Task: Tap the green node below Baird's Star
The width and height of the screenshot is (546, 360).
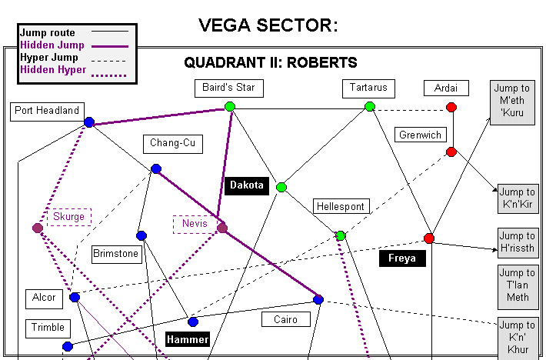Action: tap(229, 106)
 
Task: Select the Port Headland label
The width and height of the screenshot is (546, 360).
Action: tap(47, 111)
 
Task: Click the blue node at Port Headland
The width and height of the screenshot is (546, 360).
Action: tap(89, 122)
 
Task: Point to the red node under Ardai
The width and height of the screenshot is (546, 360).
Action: tap(451, 107)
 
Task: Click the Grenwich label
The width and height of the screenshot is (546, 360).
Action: tap(421, 135)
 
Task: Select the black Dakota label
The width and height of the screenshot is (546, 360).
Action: tap(247, 185)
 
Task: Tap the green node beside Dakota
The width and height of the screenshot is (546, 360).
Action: tap(281, 187)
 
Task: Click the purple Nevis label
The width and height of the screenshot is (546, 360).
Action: tap(195, 223)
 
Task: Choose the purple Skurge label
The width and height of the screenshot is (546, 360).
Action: tap(68, 217)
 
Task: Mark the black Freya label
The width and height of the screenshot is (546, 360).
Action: tap(402, 258)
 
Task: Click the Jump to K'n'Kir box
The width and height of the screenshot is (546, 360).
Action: tap(517, 198)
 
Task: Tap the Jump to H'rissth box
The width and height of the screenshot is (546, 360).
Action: tap(517, 242)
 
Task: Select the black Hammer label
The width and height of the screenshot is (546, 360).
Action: tap(188, 339)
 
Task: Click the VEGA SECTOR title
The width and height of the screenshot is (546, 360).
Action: tap(268, 25)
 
